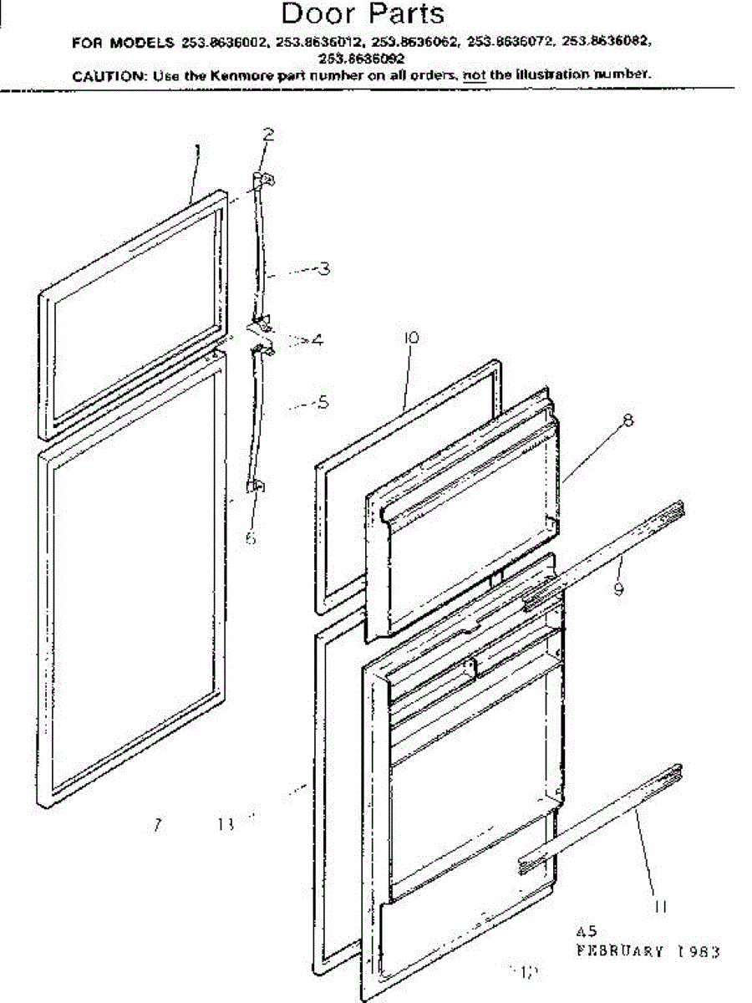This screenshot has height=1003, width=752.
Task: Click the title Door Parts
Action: (x=363, y=14)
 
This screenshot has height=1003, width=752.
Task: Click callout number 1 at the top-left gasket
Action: (x=197, y=150)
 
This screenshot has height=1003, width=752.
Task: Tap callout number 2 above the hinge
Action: (x=268, y=133)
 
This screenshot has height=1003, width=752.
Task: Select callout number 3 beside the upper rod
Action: (x=323, y=268)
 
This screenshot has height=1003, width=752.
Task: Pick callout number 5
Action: (x=323, y=402)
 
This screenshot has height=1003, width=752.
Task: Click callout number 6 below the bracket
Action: (x=251, y=538)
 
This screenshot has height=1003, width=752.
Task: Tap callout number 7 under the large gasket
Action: (x=156, y=826)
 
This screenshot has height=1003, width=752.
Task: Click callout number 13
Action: (x=223, y=825)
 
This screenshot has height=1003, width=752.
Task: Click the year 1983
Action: (x=696, y=950)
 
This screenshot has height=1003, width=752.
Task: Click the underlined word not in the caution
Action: (x=475, y=74)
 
